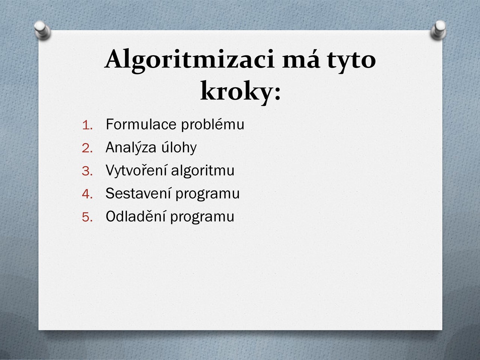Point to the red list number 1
(87, 126)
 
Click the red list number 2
(87, 148)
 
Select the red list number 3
(87, 171)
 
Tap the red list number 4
(87, 194)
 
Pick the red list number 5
(87, 217)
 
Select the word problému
(213, 125)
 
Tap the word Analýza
(131, 147)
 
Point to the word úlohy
(179, 147)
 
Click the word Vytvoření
(136, 171)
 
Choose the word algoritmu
(202, 171)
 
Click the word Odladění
(135, 216)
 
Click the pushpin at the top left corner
(42, 30)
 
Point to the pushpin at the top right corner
(438, 30)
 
